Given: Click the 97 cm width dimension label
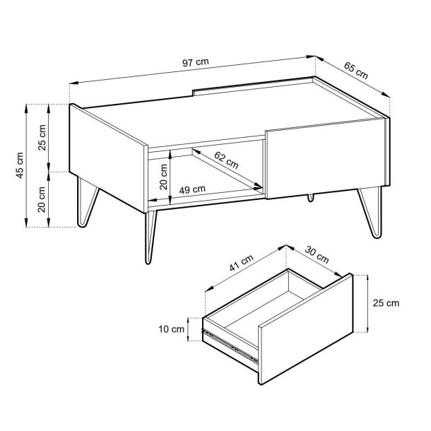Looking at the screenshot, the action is pos(196,62).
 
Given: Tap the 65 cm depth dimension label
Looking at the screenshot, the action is pos(355,71).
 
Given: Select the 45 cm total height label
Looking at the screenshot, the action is pos(20,165).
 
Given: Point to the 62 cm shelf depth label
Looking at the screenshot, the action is pos(226,160).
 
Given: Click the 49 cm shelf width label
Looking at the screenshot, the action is pos(192,189).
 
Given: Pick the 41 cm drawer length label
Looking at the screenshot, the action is pos(241,263).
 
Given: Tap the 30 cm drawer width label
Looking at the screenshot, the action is pos(317,255).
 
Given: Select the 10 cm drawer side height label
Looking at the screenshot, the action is pos(171,329).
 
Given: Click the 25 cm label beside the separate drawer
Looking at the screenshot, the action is pos(386,303).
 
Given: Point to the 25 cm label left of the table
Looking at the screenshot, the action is pos(42,138).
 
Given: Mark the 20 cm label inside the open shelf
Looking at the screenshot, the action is pos(163,177).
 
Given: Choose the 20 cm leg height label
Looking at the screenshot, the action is pos(42,199).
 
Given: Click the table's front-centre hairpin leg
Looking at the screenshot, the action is pos(150,237).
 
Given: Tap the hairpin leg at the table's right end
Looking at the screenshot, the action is pos(371,212).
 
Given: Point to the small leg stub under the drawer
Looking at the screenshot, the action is pos(310,198).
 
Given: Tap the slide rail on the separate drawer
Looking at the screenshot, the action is pos(230,346).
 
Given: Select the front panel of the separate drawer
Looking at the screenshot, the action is pos(306,329).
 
